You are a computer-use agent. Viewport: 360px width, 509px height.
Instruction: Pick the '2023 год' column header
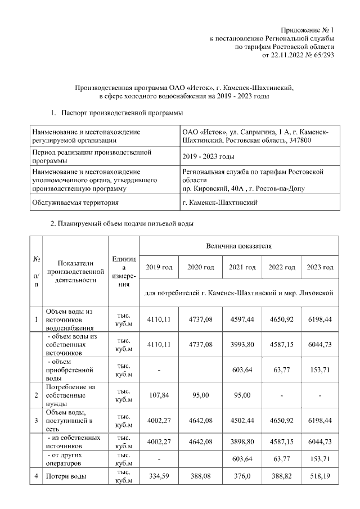tap(319, 267)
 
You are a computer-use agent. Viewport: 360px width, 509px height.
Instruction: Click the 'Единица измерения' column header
tap(124, 271)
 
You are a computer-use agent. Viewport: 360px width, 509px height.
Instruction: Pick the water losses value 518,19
tap(319, 477)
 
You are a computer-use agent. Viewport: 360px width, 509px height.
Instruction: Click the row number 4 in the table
tap(36, 477)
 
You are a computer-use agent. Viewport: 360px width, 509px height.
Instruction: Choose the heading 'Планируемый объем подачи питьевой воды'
tap(122, 224)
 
